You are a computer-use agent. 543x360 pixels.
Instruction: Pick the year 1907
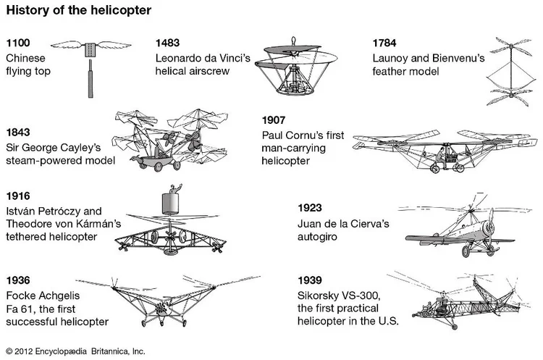[275, 120]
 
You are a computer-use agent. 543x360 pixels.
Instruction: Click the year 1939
[311, 280]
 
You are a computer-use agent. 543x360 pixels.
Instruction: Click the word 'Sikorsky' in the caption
[319, 295]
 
